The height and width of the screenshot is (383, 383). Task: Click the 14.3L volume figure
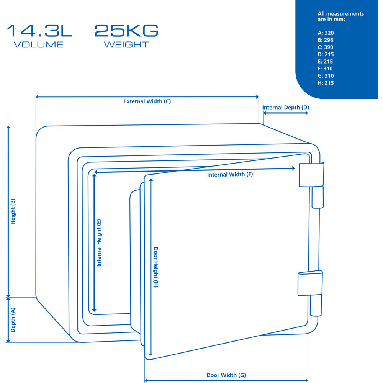tap(39, 31)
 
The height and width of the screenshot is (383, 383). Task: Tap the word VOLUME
tap(38, 45)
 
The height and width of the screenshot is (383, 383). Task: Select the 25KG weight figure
tap(126, 31)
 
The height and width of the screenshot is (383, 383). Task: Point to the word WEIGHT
tap(126, 45)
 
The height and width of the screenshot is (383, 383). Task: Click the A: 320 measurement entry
tap(326, 33)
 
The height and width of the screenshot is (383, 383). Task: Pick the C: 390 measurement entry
tap(325, 47)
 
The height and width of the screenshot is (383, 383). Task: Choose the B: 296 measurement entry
tap(325, 40)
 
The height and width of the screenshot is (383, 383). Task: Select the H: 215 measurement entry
tap(326, 83)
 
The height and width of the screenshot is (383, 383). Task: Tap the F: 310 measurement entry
tap(325, 69)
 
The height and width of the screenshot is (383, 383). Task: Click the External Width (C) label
tap(147, 101)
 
